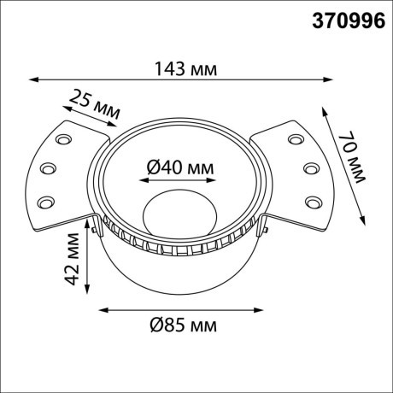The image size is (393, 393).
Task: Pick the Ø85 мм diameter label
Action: click(x=180, y=326)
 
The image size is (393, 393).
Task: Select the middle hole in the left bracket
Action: click(x=49, y=167)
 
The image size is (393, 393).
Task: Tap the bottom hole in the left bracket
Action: click(x=45, y=202)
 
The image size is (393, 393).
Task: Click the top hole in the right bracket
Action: click(x=296, y=138)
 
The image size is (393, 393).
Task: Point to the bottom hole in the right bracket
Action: click(x=313, y=202)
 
